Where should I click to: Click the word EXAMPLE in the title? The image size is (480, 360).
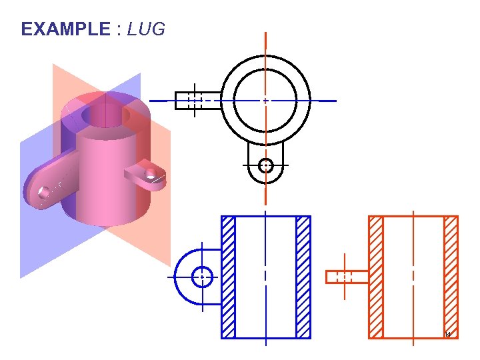(x=65, y=29)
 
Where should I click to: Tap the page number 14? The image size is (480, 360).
(x=447, y=334)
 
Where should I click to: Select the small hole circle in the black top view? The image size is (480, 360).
(x=265, y=165)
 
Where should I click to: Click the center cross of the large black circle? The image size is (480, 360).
(x=265, y=101)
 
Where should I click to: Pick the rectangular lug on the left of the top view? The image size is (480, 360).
(x=197, y=101)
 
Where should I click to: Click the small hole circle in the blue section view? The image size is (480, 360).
(x=201, y=276)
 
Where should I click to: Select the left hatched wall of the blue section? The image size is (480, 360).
(x=228, y=277)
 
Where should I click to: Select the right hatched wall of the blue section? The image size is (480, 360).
(x=303, y=277)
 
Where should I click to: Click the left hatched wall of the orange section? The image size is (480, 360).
(x=376, y=277)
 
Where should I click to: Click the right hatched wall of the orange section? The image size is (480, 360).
(x=451, y=277)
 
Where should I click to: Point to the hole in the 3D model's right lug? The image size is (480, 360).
(x=152, y=173)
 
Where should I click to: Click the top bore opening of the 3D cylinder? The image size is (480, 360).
(x=105, y=114)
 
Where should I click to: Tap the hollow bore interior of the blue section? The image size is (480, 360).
(x=265, y=277)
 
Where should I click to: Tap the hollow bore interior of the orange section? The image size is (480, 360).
(x=413, y=277)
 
